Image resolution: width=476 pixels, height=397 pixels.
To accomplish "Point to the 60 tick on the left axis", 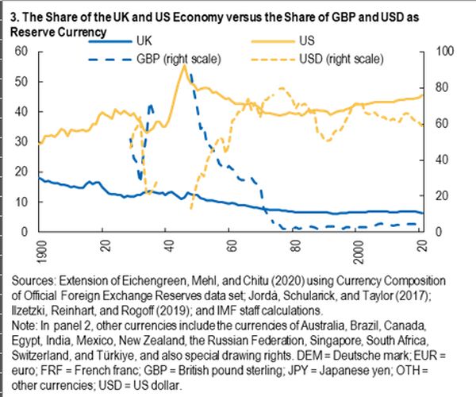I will [x=22, y=52].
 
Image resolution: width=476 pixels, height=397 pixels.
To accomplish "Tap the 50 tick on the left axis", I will [x=22, y=82].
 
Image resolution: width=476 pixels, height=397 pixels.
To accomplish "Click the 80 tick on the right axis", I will [x=436, y=87].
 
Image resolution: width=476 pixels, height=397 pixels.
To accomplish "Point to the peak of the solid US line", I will [x=184, y=67].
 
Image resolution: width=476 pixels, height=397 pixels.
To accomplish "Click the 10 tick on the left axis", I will [x=22, y=202].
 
